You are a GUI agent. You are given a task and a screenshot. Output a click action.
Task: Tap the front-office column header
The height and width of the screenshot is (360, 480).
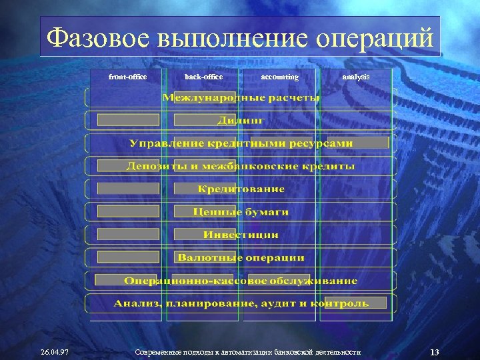pyautogui.click(x=127, y=77)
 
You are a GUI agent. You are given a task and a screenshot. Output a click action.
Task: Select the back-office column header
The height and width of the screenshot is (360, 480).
pyautogui.click(x=203, y=77)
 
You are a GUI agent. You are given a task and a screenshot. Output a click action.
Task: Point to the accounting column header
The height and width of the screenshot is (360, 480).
pyautogui.click(x=279, y=77)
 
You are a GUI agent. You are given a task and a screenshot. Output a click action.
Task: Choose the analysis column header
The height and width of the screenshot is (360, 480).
pyautogui.click(x=355, y=77)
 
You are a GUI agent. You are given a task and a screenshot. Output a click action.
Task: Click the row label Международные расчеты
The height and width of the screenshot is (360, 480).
pyautogui.click(x=241, y=98)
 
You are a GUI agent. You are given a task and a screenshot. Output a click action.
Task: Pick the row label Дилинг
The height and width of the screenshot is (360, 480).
pyautogui.click(x=241, y=121)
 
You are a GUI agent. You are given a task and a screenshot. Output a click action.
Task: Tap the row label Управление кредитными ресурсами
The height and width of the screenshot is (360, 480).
pyautogui.click(x=241, y=143)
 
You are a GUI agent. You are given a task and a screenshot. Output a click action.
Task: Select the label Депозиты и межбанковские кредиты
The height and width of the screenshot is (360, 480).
pyautogui.click(x=241, y=166)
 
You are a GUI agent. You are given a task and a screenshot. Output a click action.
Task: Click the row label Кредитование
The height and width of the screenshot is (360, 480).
pyautogui.click(x=241, y=189)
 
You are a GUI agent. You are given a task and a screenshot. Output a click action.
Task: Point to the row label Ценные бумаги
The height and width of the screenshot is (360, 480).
pyautogui.click(x=241, y=212)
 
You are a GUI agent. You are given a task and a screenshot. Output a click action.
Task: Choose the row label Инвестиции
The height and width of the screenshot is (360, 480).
pyautogui.click(x=241, y=235)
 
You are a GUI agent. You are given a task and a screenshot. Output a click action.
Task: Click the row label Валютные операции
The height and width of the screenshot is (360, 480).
pyautogui.click(x=241, y=257)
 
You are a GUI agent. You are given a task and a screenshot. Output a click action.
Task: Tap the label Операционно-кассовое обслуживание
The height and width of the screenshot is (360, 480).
pyautogui.click(x=241, y=281)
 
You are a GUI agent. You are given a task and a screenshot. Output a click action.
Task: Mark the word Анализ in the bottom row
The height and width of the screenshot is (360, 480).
pyautogui.click(x=137, y=303)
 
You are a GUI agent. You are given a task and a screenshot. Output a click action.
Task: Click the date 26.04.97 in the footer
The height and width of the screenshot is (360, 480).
pyautogui.click(x=55, y=351)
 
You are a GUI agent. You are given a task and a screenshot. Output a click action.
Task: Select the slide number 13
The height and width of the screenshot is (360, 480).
pyautogui.click(x=434, y=351)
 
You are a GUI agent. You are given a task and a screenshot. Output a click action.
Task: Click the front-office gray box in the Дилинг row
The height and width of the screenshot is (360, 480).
pyautogui.click(x=128, y=121)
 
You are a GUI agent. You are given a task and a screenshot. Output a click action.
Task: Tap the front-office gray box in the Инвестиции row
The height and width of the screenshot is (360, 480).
pyautogui.click(x=128, y=235)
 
